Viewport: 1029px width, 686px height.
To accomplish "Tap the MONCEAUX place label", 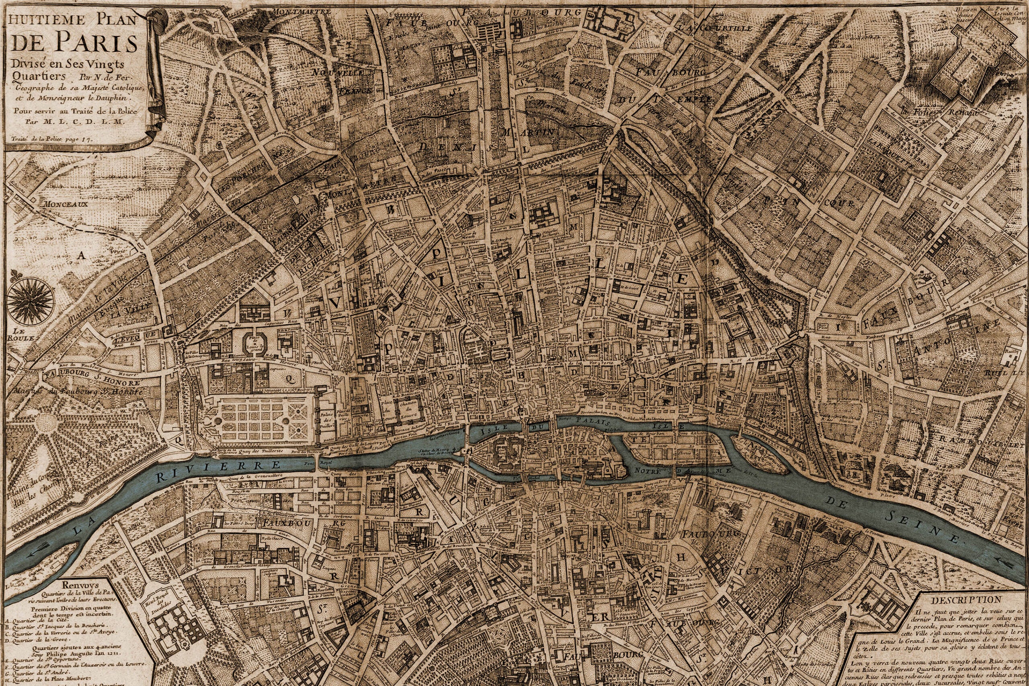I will coord(65,203).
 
